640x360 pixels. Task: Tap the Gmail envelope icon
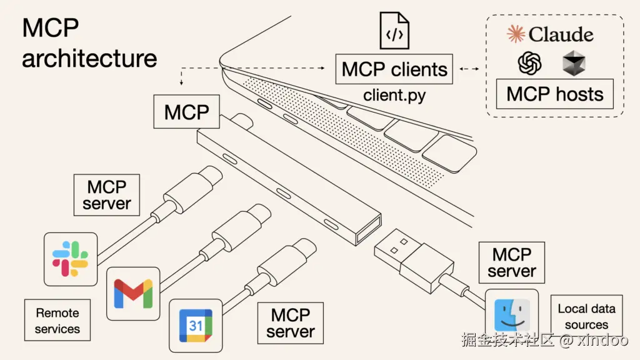(133, 293)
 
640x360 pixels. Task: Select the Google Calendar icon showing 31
(196, 325)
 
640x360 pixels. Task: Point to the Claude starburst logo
(516, 34)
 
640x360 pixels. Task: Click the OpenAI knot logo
(529, 63)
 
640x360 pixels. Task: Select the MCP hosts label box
(555, 94)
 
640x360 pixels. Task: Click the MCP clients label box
(394, 69)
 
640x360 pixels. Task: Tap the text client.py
(394, 96)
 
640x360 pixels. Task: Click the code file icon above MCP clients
(394, 29)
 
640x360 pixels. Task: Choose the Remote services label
(57, 321)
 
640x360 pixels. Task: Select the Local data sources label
(586, 316)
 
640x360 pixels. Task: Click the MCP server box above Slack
(106, 195)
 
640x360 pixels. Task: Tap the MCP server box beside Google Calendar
(291, 322)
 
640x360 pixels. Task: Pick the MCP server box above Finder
(511, 262)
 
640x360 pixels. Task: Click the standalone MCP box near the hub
(186, 112)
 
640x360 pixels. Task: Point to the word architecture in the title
(89, 59)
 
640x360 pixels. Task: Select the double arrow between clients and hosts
(472, 69)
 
